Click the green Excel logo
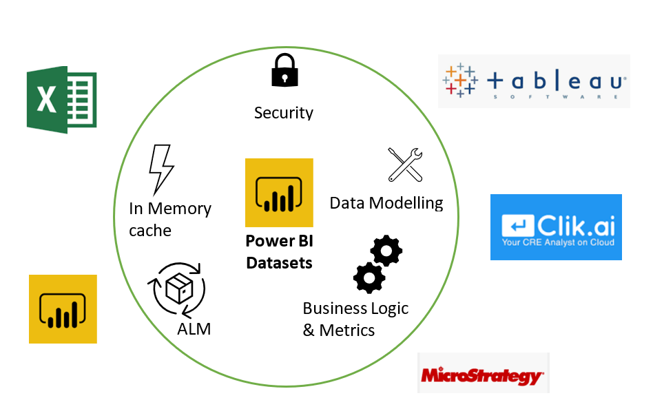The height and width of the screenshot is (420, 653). click(61, 99)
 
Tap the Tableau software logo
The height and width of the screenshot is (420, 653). click(534, 81)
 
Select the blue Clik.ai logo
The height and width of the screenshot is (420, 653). click(556, 227)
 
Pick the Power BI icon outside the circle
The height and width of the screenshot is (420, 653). click(63, 308)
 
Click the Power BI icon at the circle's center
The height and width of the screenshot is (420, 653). click(279, 192)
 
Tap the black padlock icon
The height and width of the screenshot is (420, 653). click(283, 70)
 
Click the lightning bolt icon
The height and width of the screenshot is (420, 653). click(161, 169)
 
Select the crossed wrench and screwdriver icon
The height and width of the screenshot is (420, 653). click(405, 165)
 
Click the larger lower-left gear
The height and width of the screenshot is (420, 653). click(369, 278)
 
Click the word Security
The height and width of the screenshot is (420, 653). click(283, 112)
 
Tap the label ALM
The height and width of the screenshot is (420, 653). click(194, 329)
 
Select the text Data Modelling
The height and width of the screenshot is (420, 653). click(386, 203)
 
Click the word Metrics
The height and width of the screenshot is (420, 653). click(347, 330)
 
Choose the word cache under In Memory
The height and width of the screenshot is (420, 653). click(150, 230)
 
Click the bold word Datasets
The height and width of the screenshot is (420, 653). click(279, 263)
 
